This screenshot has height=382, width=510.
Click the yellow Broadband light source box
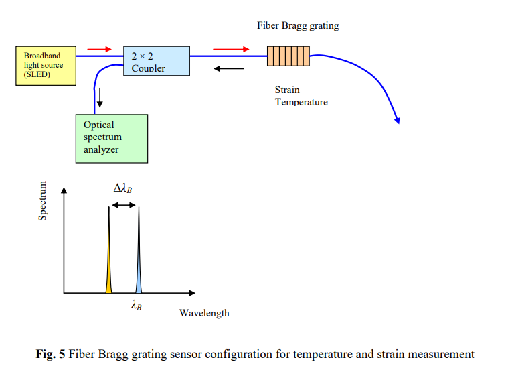tap(46, 65)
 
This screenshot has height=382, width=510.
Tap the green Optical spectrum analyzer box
tap(111, 138)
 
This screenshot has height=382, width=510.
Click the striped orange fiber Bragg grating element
tap(288, 56)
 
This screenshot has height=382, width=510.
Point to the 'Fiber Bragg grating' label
tap(298, 26)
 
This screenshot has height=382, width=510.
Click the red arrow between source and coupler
tap(99, 49)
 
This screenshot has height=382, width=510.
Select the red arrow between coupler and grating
tap(230, 49)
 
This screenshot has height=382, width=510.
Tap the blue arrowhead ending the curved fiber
tap(398, 120)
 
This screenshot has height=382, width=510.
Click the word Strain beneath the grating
tap(287, 90)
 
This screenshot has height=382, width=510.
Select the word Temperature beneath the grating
tap(301, 102)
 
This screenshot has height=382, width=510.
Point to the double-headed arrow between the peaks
tap(123, 205)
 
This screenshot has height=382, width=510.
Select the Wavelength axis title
tap(204, 313)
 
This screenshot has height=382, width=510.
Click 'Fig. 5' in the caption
tap(51, 354)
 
